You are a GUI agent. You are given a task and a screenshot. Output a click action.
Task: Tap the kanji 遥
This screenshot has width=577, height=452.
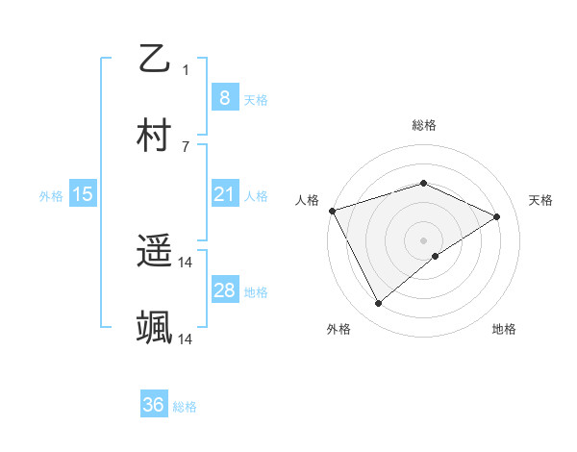(x=154, y=252)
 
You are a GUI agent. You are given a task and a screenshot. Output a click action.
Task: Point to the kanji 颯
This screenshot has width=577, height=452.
(x=154, y=328)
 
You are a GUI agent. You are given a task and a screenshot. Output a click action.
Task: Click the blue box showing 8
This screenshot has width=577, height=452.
(x=224, y=98)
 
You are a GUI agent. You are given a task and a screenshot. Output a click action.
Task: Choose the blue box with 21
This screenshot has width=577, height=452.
(x=224, y=195)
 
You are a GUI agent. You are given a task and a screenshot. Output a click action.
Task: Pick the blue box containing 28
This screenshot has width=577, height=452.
(x=224, y=290)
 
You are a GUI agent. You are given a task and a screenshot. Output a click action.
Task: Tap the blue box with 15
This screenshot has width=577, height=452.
(x=82, y=195)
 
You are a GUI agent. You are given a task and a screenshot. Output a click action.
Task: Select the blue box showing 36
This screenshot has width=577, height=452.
(x=154, y=405)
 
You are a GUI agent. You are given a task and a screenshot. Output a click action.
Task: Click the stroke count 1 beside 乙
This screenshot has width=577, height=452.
(x=186, y=69)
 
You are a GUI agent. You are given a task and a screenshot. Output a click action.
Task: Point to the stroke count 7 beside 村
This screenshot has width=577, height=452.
(x=186, y=146)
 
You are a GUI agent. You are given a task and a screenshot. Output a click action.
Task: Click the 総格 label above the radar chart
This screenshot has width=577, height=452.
(x=424, y=125)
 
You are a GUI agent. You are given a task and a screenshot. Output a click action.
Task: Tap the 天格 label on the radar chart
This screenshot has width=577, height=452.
(x=541, y=200)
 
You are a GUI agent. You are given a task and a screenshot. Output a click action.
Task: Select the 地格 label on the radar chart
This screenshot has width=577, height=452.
(x=504, y=329)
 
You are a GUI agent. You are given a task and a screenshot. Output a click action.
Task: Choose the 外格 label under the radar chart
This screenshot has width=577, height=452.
(x=339, y=329)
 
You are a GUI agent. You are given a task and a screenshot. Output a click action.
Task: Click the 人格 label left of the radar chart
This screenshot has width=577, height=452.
(x=307, y=200)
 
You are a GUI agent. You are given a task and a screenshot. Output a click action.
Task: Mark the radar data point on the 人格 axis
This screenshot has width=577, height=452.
(x=332, y=211)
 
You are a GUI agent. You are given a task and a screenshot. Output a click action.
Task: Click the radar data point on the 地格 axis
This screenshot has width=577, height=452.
(x=436, y=256)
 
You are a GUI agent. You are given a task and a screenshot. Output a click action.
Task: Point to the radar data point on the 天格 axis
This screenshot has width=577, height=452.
(x=497, y=216)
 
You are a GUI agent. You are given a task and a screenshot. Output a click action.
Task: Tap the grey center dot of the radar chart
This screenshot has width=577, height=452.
(x=423, y=239)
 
